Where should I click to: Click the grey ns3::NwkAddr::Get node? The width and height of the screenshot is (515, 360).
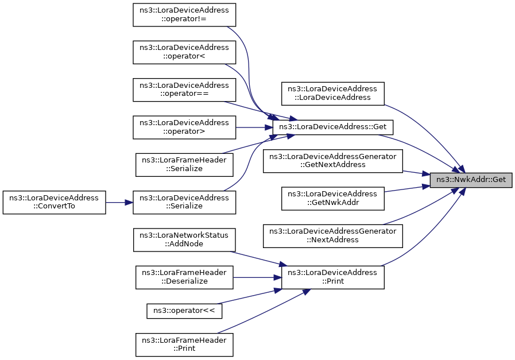[471, 180]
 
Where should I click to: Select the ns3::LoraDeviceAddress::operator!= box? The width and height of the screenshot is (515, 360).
[184, 15]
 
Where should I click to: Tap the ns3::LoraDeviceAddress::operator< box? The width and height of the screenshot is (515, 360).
[184, 52]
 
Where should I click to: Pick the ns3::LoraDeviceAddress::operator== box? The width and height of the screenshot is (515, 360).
[184, 90]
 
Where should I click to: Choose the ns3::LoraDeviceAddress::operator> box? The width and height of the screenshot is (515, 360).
[184, 127]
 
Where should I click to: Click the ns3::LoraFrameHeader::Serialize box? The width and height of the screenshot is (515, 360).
[184, 165]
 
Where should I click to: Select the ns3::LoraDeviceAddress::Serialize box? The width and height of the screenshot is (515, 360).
[184, 202]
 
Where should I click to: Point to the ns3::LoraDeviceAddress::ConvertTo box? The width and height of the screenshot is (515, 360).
[54, 202]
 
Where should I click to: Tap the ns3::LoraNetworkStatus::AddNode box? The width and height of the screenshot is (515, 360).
[184, 240]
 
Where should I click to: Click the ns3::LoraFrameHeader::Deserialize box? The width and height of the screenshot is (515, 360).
[184, 277]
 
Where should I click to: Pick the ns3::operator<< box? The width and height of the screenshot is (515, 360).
[184, 311]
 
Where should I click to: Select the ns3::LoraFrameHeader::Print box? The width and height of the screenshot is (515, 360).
[184, 344]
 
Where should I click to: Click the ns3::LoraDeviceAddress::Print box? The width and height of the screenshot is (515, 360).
[333, 277]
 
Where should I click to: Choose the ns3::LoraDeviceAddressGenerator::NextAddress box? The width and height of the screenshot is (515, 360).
[333, 236]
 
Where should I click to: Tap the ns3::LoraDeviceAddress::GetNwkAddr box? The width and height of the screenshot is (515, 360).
[333, 199]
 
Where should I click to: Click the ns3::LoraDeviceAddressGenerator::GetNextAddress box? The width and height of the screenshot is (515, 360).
[333, 161]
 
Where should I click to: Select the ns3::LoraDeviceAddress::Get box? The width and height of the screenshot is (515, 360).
[333, 127]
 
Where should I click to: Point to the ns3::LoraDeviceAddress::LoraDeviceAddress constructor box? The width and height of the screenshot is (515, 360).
[333, 94]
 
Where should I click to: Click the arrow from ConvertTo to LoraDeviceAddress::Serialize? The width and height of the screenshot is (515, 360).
[119, 202]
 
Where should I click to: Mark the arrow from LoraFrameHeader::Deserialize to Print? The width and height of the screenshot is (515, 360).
[257, 277]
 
